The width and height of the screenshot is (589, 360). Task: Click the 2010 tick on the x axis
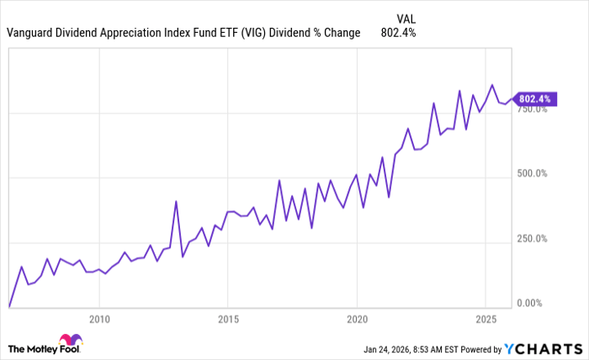pyautogui.click(x=99, y=320)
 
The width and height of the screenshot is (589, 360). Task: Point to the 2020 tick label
pyautogui.click(x=357, y=320)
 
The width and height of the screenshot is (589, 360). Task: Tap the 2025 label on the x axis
pyautogui.click(x=486, y=320)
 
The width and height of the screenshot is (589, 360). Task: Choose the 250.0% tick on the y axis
pyautogui.click(x=532, y=238)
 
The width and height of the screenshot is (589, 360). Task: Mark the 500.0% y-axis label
pyautogui.click(x=532, y=173)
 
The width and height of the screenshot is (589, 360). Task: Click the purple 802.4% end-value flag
pyautogui.click(x=533, y=98)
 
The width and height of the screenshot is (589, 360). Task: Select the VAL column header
pyautogui.click(x=405, y=18)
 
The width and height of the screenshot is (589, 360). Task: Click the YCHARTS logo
pyautogui.click(x=542, y=348)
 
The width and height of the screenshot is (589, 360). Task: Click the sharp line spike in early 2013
pyautogui.click(x=176, y=201)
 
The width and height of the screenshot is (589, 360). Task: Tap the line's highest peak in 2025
pyautogui.click(x=492, y=85)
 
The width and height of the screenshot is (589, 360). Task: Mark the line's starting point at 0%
pyautogui.click(x=9, y=307)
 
